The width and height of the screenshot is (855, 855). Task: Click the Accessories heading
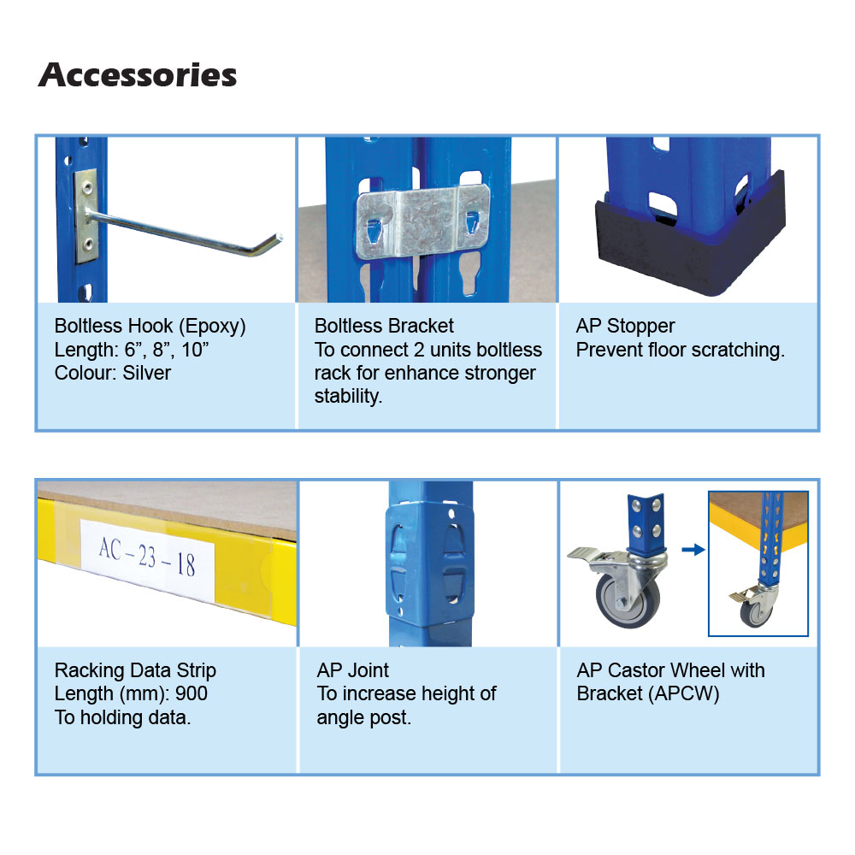(x=138, y=75)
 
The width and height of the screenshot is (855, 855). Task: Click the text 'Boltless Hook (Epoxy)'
(x=150, y=326)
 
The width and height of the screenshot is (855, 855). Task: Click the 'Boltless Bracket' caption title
(x=384, y=326)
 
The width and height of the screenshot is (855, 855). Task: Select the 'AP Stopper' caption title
(x=625, y=326)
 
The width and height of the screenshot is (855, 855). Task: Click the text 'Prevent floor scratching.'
(x=680, y=350)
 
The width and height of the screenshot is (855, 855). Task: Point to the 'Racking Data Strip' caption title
(x=135, y=670)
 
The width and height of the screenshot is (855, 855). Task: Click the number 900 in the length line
(x=191, y=693)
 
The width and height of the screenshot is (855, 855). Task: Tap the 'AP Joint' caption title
(x=352, y=670)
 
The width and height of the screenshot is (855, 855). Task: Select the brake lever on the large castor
(x=586, y=556)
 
